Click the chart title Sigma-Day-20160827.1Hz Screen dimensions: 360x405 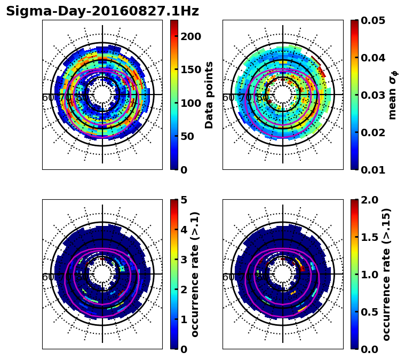click(102, 11)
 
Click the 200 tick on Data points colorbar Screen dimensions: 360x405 click(190, 36)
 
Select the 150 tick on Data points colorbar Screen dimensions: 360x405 click(190, 69)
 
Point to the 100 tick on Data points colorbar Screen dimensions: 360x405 click(190, 103)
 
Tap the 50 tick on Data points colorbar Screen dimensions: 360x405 click(187, 136)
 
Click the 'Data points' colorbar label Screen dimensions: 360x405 click(209, 95)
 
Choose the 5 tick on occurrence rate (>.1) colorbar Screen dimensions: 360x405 click(184, 200)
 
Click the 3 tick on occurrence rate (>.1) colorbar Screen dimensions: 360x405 click(184, 260)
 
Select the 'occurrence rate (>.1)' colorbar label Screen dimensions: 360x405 click(195, 275)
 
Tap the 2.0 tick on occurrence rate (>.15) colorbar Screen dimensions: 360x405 click(368, 200)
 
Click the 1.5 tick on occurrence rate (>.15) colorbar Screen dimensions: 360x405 click(368, 237)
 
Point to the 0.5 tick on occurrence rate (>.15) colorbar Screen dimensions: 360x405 click(368, 312)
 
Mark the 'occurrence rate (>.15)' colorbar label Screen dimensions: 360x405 click(386, 275)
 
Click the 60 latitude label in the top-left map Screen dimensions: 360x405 click(48, 98)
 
